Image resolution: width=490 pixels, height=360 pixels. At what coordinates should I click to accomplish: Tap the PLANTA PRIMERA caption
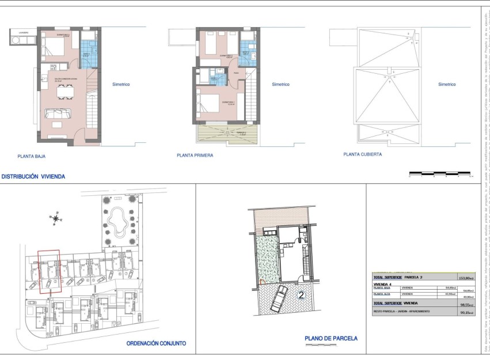pos(195,156)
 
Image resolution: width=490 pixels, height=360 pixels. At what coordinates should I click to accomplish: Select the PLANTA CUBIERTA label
pos(362,154)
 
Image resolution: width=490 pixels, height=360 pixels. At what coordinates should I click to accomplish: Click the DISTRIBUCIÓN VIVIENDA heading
pos(33,177)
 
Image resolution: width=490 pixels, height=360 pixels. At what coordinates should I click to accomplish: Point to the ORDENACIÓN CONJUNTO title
pos(156,343)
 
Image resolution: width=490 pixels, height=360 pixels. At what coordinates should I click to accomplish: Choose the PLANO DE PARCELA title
pos(331,339)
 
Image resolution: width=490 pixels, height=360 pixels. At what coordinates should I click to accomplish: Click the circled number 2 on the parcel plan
pos(301,295)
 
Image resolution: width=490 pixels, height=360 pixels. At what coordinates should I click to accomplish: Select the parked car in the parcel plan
pos(278,298)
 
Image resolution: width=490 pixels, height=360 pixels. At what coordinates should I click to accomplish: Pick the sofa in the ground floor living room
pos(59,114)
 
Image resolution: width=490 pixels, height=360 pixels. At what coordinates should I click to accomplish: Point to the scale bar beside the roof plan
pos(440,173)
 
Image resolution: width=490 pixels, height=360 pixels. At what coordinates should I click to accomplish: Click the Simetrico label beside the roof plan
pos(447,84)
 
